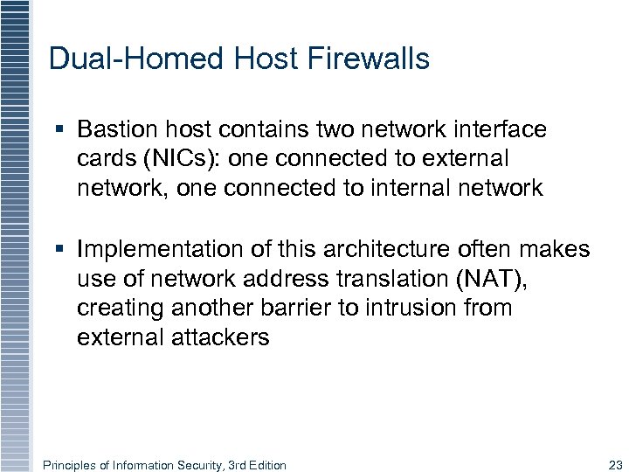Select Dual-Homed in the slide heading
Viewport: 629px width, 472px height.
[x=136, y=59]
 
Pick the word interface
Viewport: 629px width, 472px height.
[x=501, y=130]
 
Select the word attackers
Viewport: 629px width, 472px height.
[x=223, y=337]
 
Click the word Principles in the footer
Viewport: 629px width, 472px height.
[x=69, y=465]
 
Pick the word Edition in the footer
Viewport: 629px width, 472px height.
[x=267, y=465]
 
